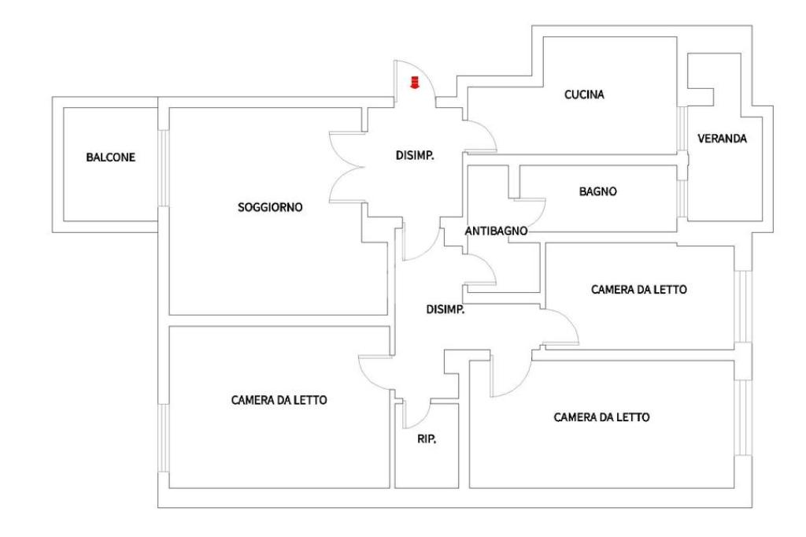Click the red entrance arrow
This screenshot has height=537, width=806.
pos(414,83)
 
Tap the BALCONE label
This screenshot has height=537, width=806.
pos(110,157)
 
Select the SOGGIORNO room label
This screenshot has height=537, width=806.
pos(270,207)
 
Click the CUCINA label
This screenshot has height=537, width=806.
pos(584,94)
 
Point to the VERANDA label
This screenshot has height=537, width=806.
pos(722,139)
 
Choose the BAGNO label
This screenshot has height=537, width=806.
pos(598,191)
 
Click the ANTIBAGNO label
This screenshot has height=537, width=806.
pos(496,231)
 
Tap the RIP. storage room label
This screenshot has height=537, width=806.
pos(427,439)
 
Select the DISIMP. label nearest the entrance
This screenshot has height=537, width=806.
pos(415,155)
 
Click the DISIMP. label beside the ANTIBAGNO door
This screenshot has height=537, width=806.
pos(446,309)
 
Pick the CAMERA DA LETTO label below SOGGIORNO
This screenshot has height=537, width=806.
pos(279,400)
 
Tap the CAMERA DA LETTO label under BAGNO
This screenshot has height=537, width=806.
pos(639,290)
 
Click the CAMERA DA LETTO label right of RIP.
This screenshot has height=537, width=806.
pos(601,417)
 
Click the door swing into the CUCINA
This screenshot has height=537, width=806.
pos(486,128)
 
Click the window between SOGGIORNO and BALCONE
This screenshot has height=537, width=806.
pos(163,168)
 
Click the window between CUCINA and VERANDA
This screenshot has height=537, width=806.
pos(682,128)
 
